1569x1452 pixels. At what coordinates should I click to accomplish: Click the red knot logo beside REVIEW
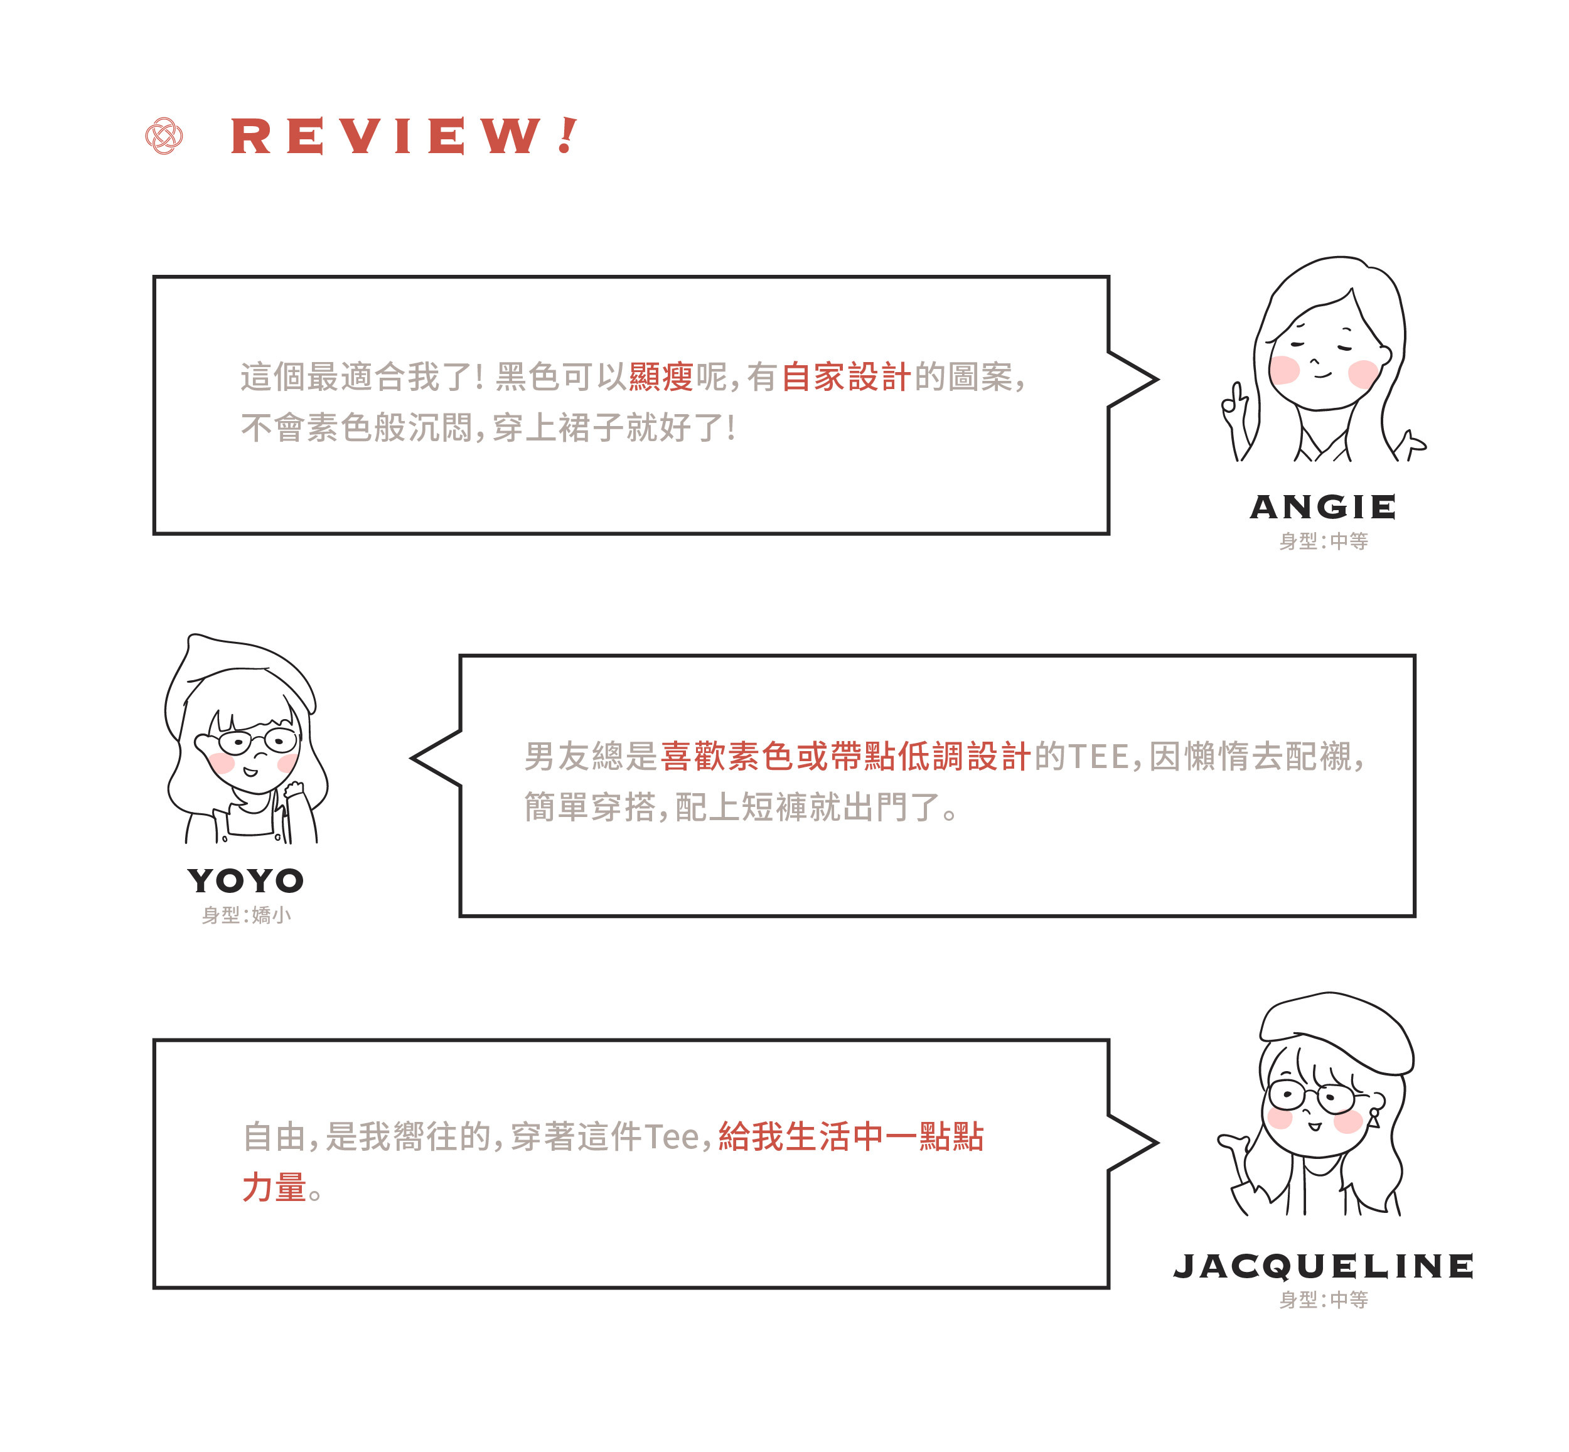coord(164,136)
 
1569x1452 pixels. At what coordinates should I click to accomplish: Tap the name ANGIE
coord(1322,507)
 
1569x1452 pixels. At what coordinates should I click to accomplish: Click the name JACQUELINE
coord(1322,1266)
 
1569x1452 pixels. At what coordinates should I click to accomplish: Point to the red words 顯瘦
coord(661,377)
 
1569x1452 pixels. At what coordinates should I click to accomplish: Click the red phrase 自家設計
coord(845,377)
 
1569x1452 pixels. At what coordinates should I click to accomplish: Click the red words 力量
coord(274,1187)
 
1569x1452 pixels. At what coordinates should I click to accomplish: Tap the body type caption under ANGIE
coord(1323,542)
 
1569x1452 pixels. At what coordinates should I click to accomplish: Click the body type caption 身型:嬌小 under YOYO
coord(246,916)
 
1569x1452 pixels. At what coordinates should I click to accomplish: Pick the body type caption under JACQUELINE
coord(1323,1300)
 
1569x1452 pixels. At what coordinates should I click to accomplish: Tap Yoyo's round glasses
coord(258,740)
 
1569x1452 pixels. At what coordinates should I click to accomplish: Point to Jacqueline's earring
coord(1374,1116)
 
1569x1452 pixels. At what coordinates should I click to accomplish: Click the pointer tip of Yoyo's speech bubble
coord(413,758)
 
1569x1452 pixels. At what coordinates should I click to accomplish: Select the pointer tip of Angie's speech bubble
coord(1156,380)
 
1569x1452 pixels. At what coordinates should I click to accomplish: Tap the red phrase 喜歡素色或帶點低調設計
coord(845,757)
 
